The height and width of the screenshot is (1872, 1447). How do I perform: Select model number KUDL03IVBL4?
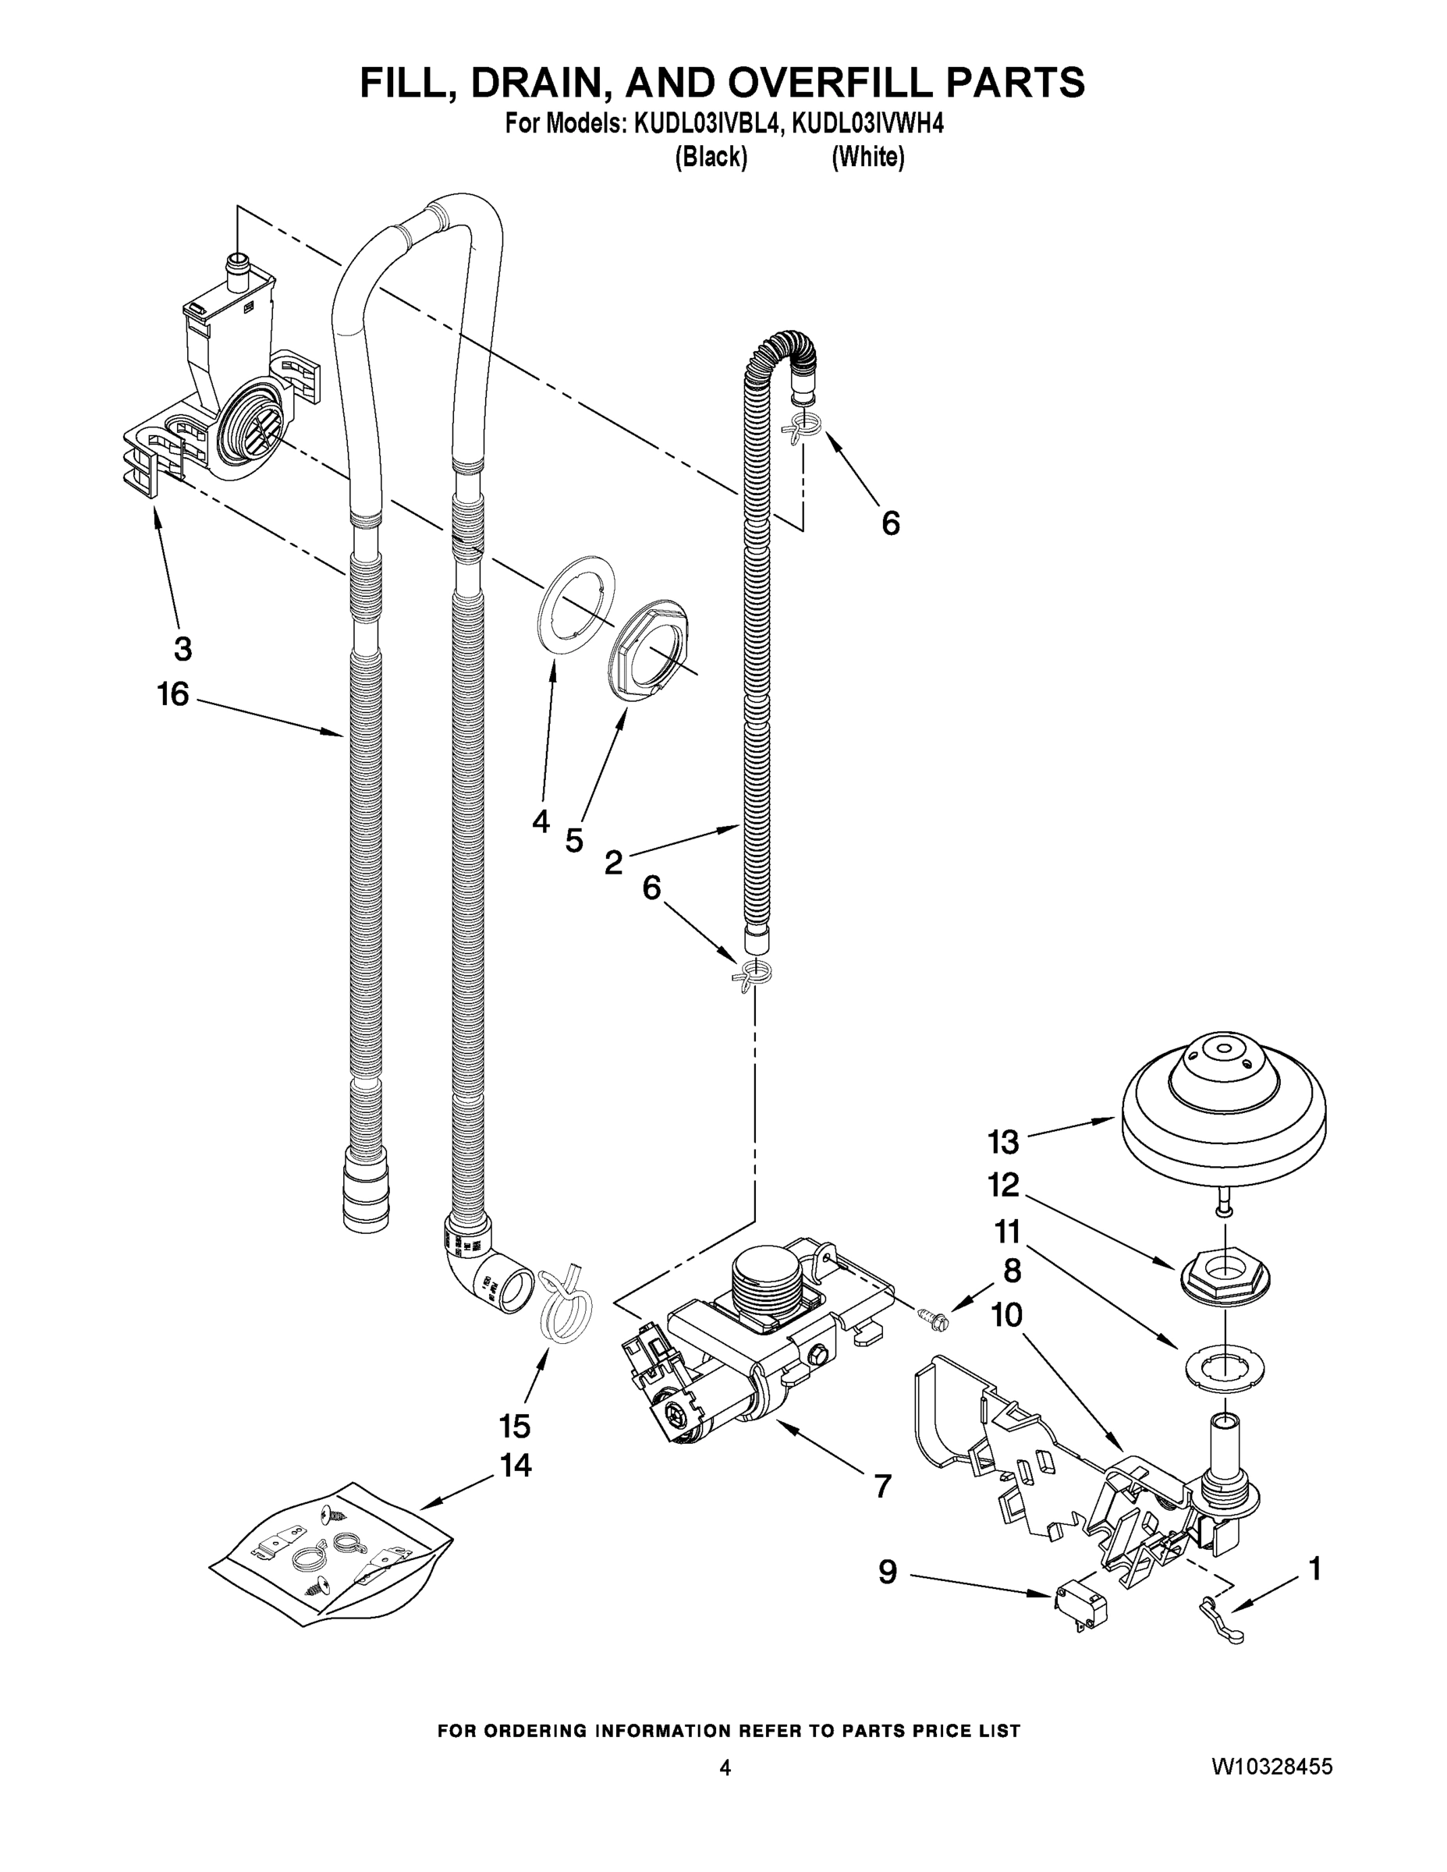click(708, 124)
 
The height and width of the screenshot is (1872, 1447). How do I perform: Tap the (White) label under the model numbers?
click(867, 158)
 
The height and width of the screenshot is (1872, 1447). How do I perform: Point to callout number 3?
click(183, 649)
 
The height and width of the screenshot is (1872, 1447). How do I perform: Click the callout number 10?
click(1006, 1315)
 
